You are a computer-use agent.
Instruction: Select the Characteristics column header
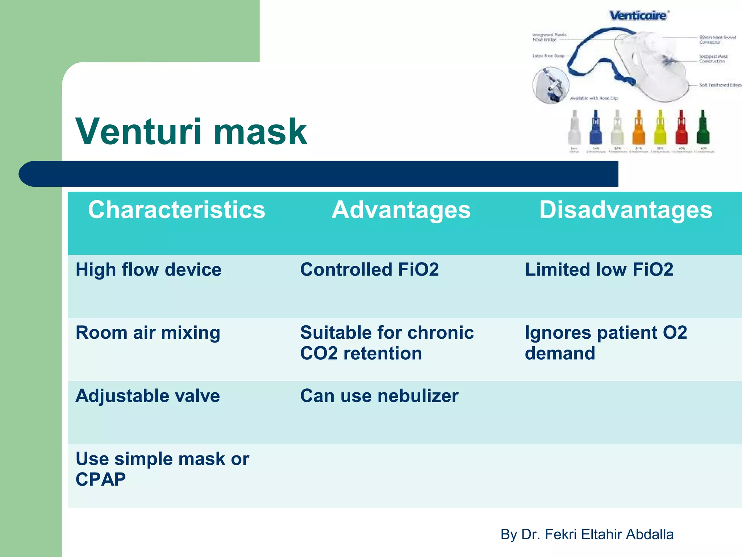pyautogui.click(x=176, y=210)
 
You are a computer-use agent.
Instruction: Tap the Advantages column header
pyautogui.click(x=401, y=210)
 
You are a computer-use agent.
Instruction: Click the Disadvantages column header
pyautogui.click(x=625, y=210)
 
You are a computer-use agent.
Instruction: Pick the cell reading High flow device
pyautogui.click(x=148, y=270)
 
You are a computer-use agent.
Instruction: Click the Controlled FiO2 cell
pyautogui.click(x=369, y=270)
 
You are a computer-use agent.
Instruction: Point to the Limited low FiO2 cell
pyautogui.click(x=599, y=270)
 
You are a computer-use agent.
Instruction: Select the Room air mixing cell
pyautogui.click(x=147, y=333)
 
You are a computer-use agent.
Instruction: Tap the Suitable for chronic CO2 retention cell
pyautogui.click(x=386, y=343)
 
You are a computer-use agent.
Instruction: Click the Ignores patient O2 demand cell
pyautogui.click(x=605, y=343)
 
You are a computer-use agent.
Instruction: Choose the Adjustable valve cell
pyautogui.click(x=147, y=396)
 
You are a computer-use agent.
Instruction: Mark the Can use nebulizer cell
pyautogui.click(x=379, y=396)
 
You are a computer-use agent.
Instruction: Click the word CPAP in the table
pyautogui.click(x=100, y=479)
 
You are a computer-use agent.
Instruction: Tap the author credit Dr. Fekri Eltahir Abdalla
pyautogui.click(x=587, y=535)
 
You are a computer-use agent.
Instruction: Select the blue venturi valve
pyautogui.click(x=596, y=129)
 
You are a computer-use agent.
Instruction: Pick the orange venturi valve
pyautogui.click(x=639, y=129)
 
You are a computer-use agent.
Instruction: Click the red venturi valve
pyautogui.click(x=681, y=129)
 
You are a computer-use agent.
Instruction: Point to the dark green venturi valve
pyautogui.click(x=703, y=129)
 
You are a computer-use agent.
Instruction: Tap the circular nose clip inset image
pyautogui.click(x=551, y=86)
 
